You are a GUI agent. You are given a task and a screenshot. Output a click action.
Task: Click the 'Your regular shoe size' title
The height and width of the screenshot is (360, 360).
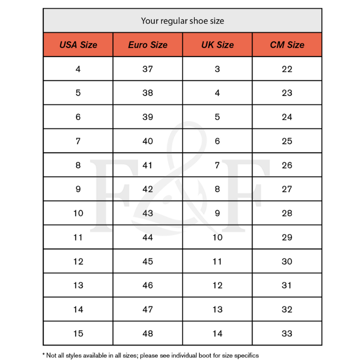(x=182, y=21)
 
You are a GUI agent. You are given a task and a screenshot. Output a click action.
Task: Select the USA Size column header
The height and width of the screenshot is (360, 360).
(x=78, y=45)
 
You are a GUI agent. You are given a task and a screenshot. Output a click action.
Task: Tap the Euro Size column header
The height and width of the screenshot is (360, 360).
(x=148, y=45)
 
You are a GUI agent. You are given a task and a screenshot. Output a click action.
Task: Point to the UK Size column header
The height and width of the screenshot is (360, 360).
(x=217, y=45)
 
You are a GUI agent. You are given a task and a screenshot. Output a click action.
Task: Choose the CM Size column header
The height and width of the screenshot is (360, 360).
(x=287, y=45)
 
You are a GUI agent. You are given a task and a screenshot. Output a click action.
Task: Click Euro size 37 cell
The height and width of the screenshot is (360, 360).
(x=148, y=69)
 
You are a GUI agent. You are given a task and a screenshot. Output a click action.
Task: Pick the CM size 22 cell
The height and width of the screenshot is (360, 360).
(x=287, y=69)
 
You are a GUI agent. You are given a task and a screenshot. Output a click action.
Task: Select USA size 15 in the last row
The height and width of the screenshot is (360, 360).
(x=78, y=333)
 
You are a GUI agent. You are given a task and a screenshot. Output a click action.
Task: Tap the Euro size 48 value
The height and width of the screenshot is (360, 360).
(x=148, y=333)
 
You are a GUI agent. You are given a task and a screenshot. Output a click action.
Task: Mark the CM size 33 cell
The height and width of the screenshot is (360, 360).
(x=287, y=333)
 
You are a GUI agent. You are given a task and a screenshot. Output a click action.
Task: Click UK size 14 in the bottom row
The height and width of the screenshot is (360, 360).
(x=217, y=333)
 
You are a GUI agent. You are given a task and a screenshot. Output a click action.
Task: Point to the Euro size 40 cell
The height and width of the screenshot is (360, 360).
(x=148, y=141)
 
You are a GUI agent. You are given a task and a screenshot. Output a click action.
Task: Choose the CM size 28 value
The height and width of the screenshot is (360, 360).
(x=287, y=213)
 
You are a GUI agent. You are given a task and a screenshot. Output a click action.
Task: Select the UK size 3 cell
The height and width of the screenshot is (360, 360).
(x=217, y=69)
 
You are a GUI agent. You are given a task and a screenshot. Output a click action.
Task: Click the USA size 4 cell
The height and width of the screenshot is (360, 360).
(x=78, y=69)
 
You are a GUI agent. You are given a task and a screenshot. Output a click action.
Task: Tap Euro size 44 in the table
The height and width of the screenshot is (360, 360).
(x=148, y=237)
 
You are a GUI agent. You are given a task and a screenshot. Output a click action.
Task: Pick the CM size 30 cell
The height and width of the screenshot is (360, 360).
(x=287, y=261)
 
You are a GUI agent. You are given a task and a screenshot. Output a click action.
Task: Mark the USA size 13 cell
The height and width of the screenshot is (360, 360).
(x=78, y=285)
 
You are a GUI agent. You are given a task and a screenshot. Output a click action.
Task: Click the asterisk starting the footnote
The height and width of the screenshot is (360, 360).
(x=44, y=355)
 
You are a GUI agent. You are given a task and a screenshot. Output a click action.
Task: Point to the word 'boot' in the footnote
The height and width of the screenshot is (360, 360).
(x=205, y=355)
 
